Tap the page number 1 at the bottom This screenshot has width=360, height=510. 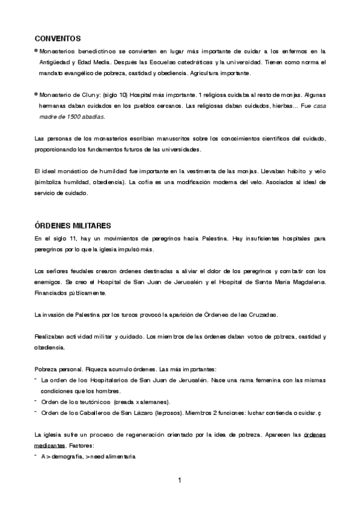pyautogui.click(x=180, y=480)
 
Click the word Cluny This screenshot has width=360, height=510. pyautogui.click(x=90, y=95)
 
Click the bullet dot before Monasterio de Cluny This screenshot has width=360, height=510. pyautogui.click(x=37, y=94)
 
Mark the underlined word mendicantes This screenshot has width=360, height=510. pyautogui.click(x=50, y=445)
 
